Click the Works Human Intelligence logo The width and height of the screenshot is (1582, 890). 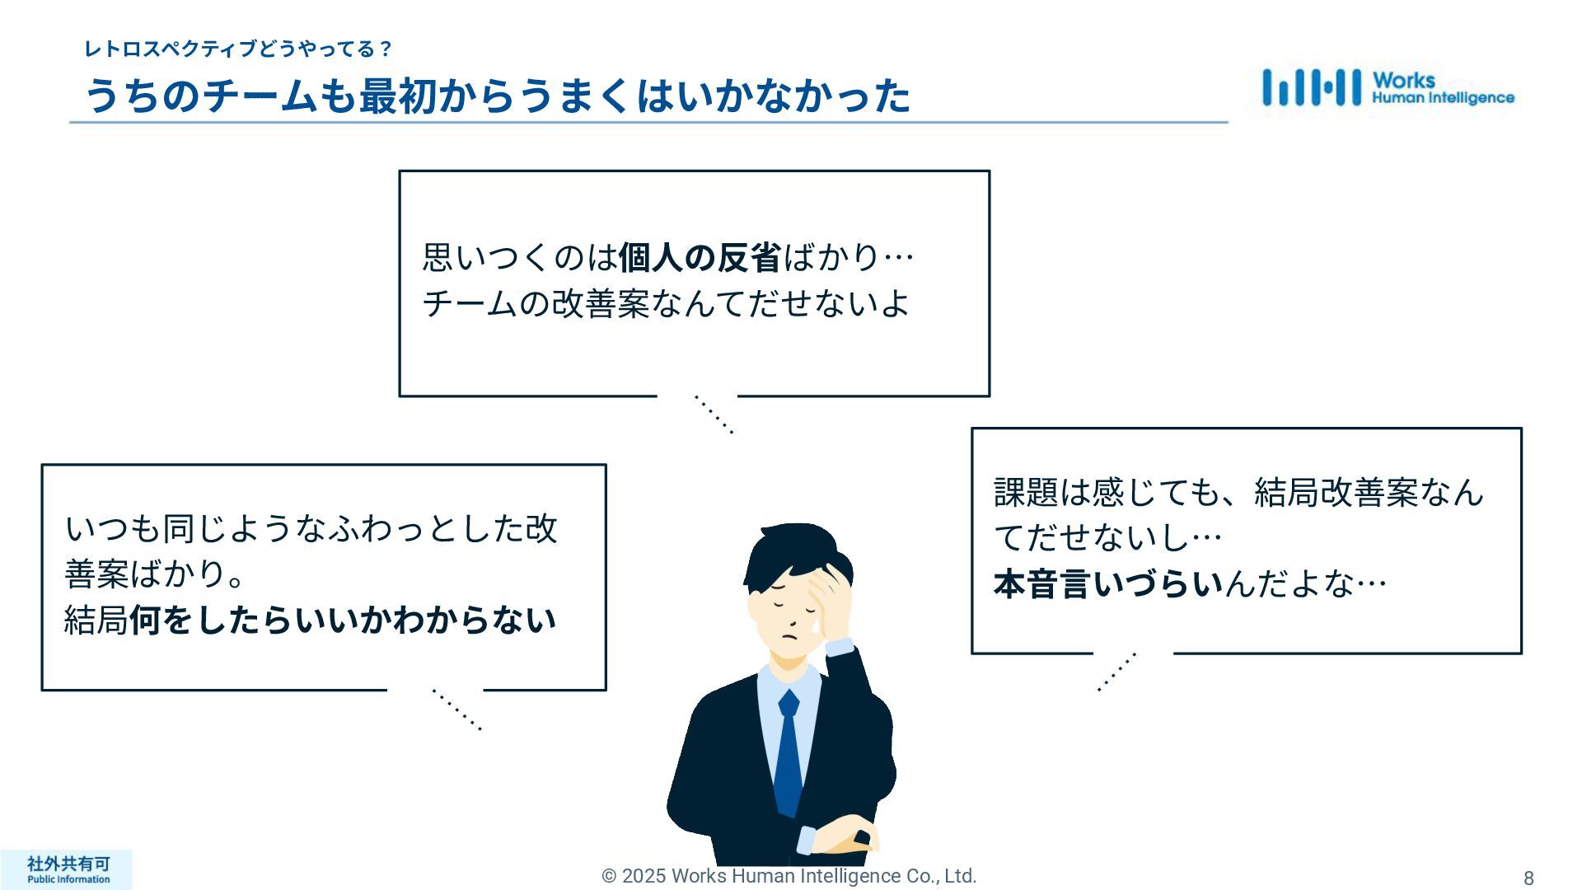click(x=1388, y=87)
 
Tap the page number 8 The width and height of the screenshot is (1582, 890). click(x=1528, y=878)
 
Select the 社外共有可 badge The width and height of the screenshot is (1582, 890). click(x=68, y=869)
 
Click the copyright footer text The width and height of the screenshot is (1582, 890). click(x=789, y=876)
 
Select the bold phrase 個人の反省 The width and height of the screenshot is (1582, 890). click(x=699, y=258)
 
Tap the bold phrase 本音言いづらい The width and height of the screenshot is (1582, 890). click(x=1108, y=584)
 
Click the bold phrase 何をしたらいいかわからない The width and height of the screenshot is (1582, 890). click(x=343, y=621)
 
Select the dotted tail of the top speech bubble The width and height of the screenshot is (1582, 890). click(x=714, y=415)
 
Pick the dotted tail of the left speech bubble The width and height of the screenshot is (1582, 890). click(x=456, y=710)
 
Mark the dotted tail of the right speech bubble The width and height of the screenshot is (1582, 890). click(x=1117, y=672)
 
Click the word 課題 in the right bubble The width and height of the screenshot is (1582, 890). click(x=1026, y=493)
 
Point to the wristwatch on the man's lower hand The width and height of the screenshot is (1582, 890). click(x=861, y=838)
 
